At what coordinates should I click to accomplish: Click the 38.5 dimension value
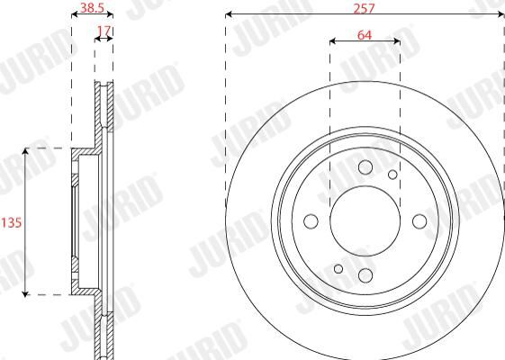(92, 8)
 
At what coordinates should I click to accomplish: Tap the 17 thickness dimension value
(104, 31)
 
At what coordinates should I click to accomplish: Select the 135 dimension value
(12, 222)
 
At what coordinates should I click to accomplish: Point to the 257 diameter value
(364, 8)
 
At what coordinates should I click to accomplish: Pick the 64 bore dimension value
(365, 35)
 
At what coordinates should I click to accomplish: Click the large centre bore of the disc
(365, 221)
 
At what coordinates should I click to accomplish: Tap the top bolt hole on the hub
(365, 167)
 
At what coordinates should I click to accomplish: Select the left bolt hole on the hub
(311, 221)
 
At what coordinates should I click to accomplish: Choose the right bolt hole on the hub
(419, 221)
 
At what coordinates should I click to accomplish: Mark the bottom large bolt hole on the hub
(365, 275)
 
